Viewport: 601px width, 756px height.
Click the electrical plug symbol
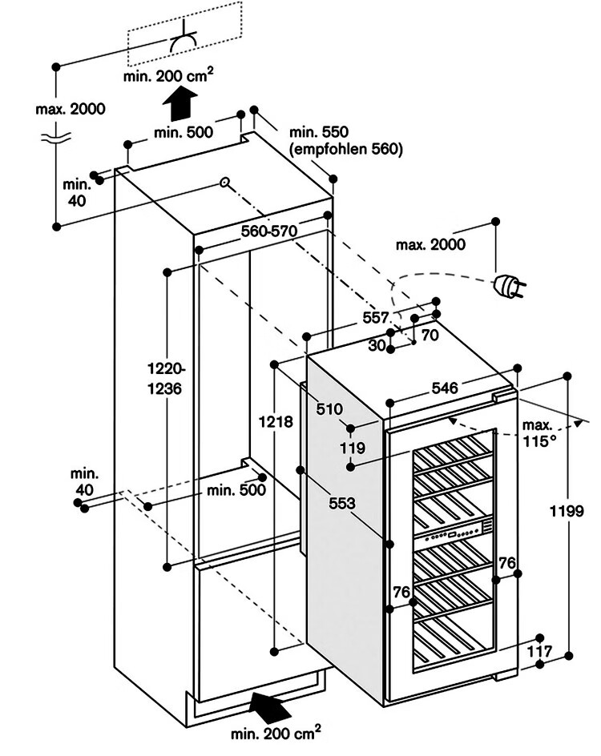click(508, 286)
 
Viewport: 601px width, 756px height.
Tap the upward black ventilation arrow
click(180, 103)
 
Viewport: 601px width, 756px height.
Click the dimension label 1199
click(567, 511)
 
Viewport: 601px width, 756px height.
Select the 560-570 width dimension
click(269, 231)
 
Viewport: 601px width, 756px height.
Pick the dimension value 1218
click(276, 422)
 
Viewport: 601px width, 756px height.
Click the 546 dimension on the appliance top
click(444, 388)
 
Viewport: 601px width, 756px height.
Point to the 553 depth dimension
click(342, 504)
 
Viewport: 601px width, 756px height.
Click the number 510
click(329, 409)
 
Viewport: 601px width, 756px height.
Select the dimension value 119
click(353, 448)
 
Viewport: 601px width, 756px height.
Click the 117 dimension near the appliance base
click(538, 652)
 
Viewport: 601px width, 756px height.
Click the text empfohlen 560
click(345, 149)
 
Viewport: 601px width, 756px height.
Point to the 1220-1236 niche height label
click(164, 379)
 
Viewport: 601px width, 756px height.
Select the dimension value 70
click(430, 335)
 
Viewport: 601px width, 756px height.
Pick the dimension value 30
click(377, 345)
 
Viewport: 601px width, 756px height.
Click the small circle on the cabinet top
click(224, 183)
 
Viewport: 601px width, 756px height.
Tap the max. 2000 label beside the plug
click(430, 244)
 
